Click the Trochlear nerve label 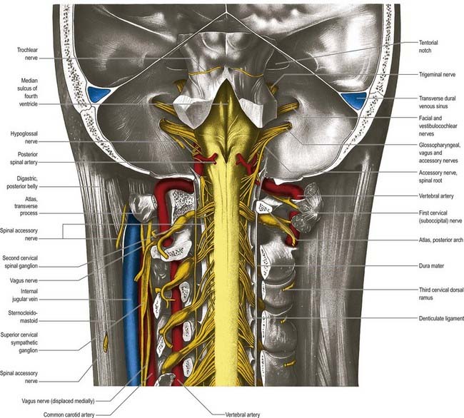(27, 54)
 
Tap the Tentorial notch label (428, 46)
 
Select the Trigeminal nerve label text (437, 74)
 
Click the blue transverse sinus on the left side (99, 94)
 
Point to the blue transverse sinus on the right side (355, 99)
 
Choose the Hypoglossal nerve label (24, 138)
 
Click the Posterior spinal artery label (24, 158)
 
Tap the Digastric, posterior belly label (22, 183)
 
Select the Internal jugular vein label (25, 295)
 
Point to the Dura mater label (431, 266)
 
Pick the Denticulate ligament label (441, 318)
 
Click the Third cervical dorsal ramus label (441, 294)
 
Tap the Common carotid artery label (69, 414)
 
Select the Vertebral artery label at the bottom (243, 414)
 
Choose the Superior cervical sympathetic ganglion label (19, 342)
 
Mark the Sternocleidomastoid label (23, 317)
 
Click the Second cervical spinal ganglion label (20, 262)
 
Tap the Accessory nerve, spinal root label (438, 176)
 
